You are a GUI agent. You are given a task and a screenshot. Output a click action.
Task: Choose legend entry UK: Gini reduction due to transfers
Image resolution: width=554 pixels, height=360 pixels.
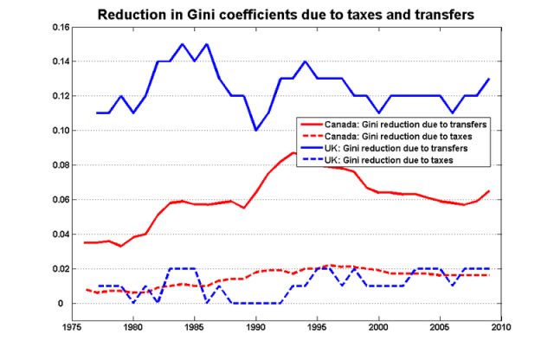pyautogui.click(x=412, y=149)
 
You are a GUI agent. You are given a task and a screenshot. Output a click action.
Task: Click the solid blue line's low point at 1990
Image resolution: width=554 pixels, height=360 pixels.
pyautogui.click(x=256, y=131)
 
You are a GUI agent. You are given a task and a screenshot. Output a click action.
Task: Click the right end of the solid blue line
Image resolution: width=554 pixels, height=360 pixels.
pyautogui.click(x=489, y=79)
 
